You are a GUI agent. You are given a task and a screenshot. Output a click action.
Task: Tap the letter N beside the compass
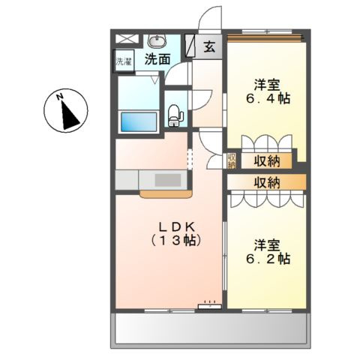pos(59,96)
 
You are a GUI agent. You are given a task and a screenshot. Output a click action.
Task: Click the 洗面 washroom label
pos(157,58)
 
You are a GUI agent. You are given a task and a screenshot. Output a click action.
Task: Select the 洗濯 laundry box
pos(123,61)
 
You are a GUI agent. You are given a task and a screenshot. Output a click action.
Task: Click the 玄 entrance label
pos(209,46)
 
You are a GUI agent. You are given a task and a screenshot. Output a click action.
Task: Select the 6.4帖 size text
pos(265,98)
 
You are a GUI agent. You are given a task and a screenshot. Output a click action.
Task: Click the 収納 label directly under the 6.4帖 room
pos(266,160)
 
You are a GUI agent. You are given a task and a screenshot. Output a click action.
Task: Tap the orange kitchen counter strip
pos(164,193)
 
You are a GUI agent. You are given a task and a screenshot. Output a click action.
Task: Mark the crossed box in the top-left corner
pos(126,37)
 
